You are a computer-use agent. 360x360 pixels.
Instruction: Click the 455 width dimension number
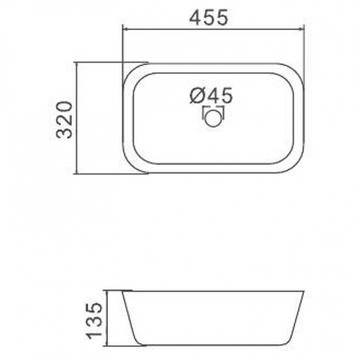[210, 18]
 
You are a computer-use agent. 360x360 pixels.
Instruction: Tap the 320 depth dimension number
[63, 118]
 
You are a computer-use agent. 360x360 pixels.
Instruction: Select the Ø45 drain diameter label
[211, 96]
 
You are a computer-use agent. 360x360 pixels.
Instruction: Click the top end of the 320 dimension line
[77, 63]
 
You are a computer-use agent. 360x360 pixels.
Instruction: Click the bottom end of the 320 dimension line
[77, 173]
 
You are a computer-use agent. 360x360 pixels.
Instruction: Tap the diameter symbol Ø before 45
[198, 96]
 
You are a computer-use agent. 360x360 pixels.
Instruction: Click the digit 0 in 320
[63, 107]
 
